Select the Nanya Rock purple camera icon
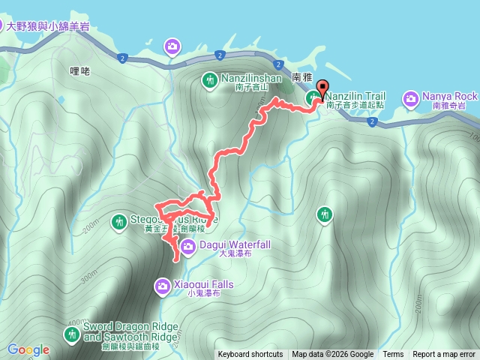pos(411,97)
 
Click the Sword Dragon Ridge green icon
pos(72,332)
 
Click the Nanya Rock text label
pos(449,97)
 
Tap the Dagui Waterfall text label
pos(234,244)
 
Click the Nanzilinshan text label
pos(251,78)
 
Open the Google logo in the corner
pos(28,349)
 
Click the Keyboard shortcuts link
pos(250,355)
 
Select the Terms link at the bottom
pos(393,355)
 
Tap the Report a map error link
pos(443,355)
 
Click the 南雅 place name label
pos(301,77)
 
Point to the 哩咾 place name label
pos(79,71)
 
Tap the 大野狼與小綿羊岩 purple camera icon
pos(173,48)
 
